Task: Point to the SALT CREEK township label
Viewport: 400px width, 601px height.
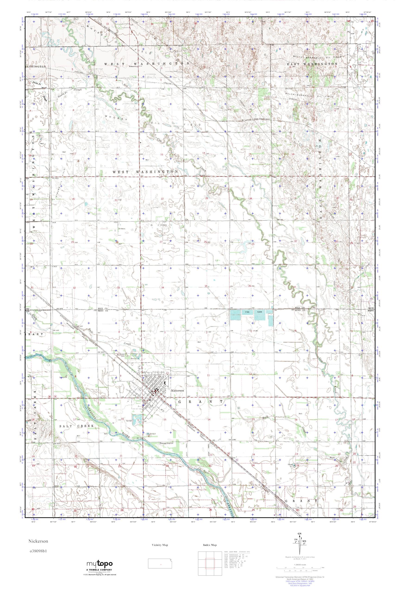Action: pyautogui.click(x=73, y=426)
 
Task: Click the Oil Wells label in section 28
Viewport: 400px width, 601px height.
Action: pyautogui.click(x=122, y=229)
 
